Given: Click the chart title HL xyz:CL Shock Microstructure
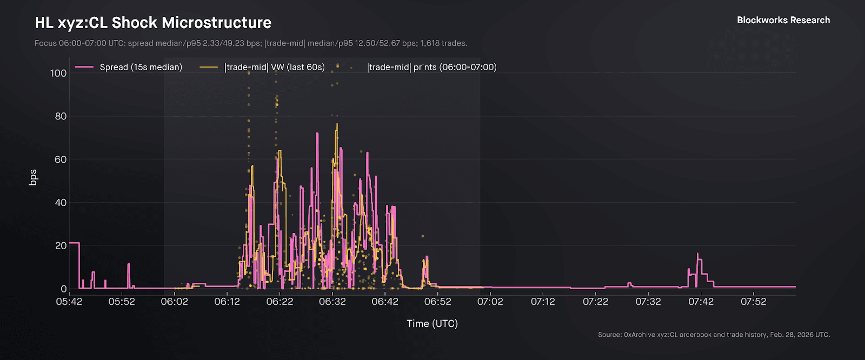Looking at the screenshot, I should tap(153, 23).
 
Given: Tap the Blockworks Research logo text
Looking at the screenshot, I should tap(783, 20).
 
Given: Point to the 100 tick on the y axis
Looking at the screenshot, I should tap(58, 73).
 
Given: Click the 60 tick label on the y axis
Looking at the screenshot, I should tap(61, 159).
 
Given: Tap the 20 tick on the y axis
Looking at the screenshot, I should tap(61, 245).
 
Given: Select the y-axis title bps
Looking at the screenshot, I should tap(33, 177).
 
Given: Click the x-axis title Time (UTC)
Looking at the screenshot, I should tap(432, 323).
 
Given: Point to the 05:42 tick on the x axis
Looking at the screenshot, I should tap(69, 302).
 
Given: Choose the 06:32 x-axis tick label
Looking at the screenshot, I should tap(332, 302).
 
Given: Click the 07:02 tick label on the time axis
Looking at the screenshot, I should tap(490, 302).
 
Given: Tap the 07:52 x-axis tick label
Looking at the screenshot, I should tap(753, 302).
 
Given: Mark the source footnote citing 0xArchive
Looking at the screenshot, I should tap(714, 335).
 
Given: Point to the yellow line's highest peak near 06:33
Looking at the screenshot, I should tap(337, 124).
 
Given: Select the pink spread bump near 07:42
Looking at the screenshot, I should tap(698, 254).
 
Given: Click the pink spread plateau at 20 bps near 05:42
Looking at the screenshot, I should tap(74, 243).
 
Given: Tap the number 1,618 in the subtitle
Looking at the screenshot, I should tap(430, 43).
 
